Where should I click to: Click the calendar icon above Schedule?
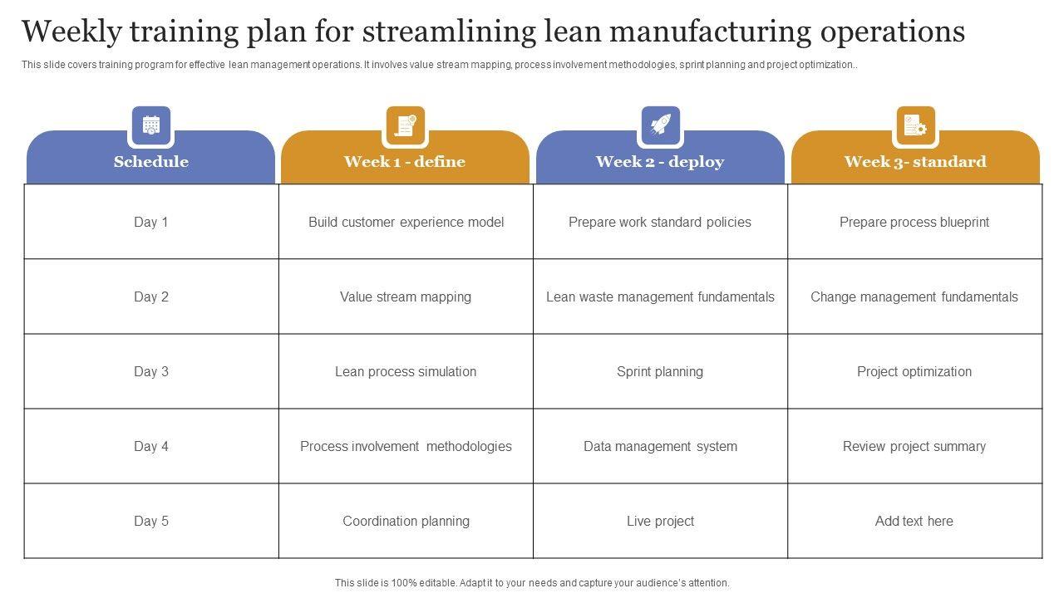click(x=150, y=125)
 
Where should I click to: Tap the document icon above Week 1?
click(x=406, y=125)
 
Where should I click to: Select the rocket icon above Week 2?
click(x=660, y=125)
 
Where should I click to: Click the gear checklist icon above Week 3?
click(x=915, y=125)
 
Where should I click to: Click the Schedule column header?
click(x=150, y=161)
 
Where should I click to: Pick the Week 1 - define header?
click(x=405, y=161)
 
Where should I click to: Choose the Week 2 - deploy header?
click(x=660, y=161)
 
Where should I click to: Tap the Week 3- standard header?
click(x=915, y=161)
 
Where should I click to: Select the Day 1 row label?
click(x=151, y=222)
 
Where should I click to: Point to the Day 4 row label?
click(x=151, y=446)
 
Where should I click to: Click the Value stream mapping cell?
click(x=406, y=297)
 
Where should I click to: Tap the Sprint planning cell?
click(x=660, y=371)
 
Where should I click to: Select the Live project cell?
click(x=660, y=521)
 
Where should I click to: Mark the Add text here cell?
click(x=914, y=521)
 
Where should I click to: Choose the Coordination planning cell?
click(x=406, y=521)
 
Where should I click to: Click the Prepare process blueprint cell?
click(x=914, y=222)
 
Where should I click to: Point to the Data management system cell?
click(x=660, y=446)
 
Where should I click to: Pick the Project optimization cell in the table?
click(x=914, y=371)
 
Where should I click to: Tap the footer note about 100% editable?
click(x=532, y=583)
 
